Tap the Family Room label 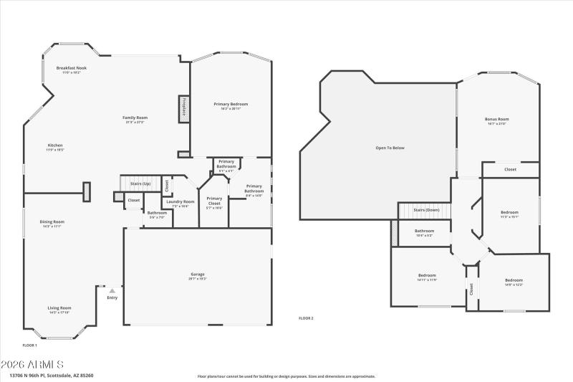tap(135, 118)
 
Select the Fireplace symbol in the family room tap(184, 108)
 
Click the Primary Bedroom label tap(231, 105)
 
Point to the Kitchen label tap(55, 145)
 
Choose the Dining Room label tap(52, 222)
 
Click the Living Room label tap(59, 308)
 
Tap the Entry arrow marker tap(112, 291)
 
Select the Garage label tap(197, 274)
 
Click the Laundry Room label tap(180, 202)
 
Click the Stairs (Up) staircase tap(140, 184)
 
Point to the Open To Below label tap(390, 148)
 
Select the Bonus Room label tap(496, 120)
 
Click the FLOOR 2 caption tap(306, 318)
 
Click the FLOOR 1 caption tap(30, 345)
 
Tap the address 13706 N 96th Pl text tap(51, 375)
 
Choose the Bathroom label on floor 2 tap(424, 231)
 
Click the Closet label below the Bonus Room tap(510, 170)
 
